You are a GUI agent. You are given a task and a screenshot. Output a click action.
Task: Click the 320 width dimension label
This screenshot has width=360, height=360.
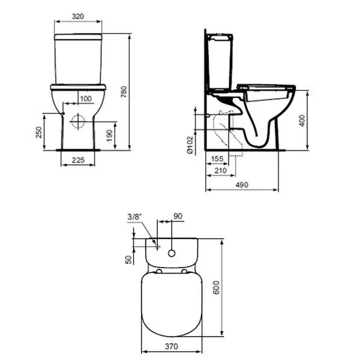78,16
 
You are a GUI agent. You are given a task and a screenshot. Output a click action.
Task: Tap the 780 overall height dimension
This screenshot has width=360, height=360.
124,92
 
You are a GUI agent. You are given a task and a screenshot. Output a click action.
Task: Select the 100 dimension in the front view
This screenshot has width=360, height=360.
86,99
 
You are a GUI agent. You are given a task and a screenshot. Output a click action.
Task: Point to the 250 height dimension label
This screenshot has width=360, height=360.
39,132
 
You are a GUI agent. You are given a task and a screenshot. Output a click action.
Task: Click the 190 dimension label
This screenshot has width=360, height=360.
110,136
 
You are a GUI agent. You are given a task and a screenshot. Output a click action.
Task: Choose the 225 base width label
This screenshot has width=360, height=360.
78,160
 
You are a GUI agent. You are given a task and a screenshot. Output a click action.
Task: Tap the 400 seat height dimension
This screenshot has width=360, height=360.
302,121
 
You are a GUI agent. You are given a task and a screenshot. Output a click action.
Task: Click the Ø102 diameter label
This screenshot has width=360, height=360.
190,145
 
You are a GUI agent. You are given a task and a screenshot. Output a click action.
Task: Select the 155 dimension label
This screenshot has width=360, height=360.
217,158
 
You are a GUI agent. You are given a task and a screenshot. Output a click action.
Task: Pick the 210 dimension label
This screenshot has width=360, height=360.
220,170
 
